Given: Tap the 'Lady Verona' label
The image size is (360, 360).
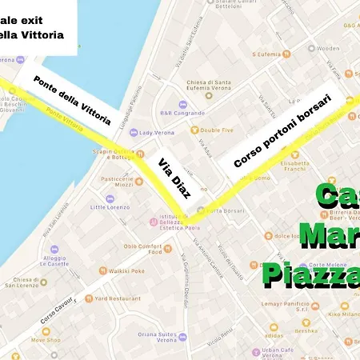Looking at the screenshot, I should (x=155, y=132).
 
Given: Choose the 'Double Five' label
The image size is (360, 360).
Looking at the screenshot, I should (x=215, y=130).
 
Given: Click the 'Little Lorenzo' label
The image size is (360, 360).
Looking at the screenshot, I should (x=109, y=207).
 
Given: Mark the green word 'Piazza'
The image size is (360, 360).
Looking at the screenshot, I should (x=312, y=274).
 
